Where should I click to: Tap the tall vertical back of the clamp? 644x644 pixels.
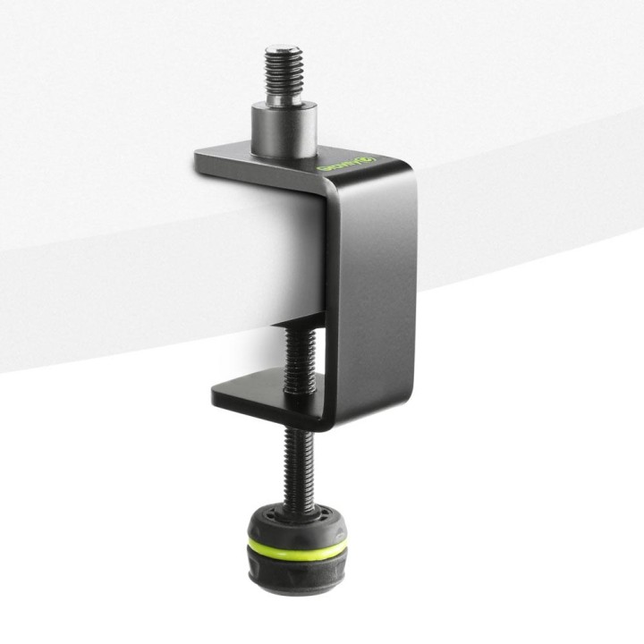(369, 286)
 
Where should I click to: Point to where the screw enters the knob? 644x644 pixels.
(296, 506)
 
